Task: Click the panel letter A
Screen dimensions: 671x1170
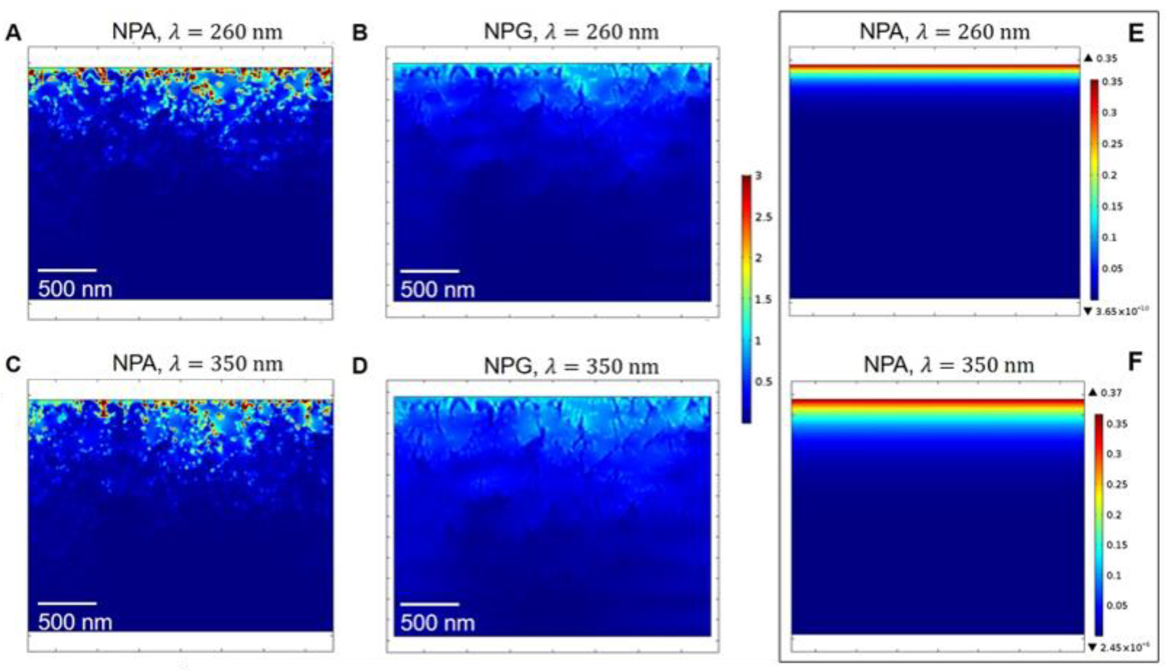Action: (x=13, y=33)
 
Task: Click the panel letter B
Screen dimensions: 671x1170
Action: (x=360, y=33)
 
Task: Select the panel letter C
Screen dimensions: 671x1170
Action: (x=13, y=364)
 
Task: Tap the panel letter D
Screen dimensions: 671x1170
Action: (x=360, y=366)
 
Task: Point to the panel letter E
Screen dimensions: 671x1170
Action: (x=1136, y=33)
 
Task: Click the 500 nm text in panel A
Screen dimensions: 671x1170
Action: (x=75, y=289)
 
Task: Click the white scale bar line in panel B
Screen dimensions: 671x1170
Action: (x=430, y=271)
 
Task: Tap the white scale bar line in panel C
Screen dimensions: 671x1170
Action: (x=67, y=603)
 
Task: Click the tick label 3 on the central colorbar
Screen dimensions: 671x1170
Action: (x=759, y=176)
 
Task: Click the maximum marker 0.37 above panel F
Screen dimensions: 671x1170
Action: (x=1111, y=393)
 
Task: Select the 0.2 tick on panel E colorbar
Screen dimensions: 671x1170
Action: (x=1109, y=175)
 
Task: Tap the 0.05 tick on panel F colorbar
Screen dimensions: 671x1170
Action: (x=1117, y=605)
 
